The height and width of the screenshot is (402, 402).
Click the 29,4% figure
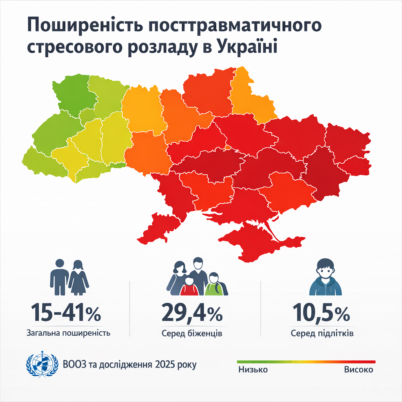(x=192, y=313)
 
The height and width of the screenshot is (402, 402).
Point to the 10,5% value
(x=321, y=313)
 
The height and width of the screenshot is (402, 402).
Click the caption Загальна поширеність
(x=68, y=333)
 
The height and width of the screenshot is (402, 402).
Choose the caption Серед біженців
(x=192, y=334)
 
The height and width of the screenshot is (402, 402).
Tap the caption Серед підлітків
(x=322, y=334)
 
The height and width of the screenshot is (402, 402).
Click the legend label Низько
(x=253, y=370)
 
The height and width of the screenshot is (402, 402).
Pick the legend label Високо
(x=358, y=370)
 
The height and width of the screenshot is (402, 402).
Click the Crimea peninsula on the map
(x=255, y=241)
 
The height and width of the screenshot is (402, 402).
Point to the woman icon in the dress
(x=79, y=277)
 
